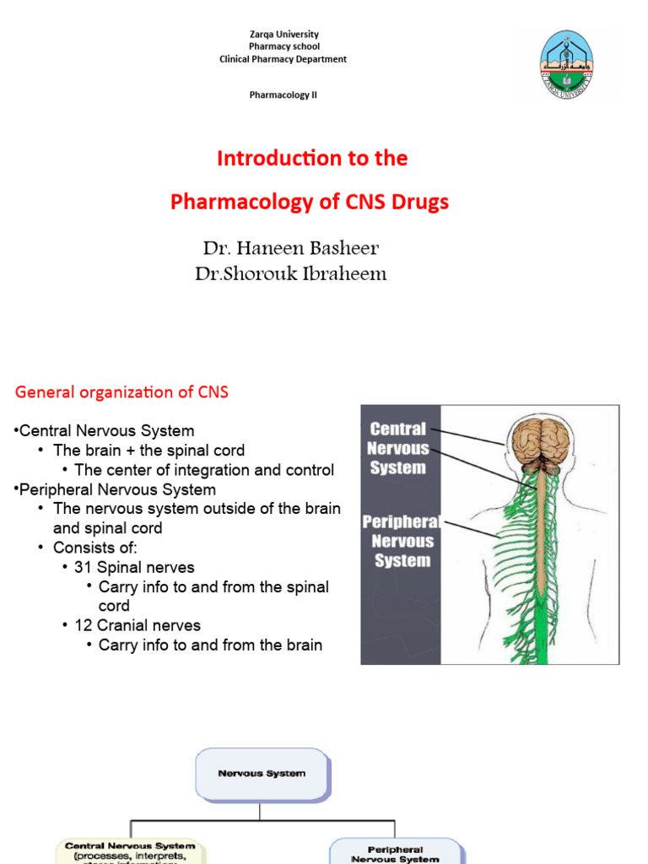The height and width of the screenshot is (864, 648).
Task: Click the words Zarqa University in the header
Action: point(283,35)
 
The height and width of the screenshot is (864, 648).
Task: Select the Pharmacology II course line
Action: point(283,95)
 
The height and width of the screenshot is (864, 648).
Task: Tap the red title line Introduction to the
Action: point(312,159)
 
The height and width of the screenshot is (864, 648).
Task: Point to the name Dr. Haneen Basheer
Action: point(290,248)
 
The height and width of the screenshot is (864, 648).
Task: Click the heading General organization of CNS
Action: point(122,392)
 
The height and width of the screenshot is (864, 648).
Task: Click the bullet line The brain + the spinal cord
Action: point(148,451)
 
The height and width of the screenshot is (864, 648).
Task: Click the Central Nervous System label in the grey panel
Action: point(398,449)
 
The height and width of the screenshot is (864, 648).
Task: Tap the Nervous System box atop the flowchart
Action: point(262,773)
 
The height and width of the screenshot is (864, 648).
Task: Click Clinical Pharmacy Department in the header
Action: point(283,59)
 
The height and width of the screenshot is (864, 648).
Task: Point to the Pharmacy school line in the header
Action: point(283,46)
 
